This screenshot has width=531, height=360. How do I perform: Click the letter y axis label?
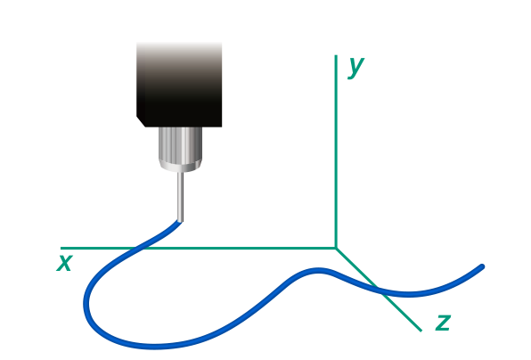[355, 68]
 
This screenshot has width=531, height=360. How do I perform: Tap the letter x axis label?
[65, 263]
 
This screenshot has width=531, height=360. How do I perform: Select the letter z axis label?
[444, 323]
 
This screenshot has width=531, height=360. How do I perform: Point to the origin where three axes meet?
[336, 249]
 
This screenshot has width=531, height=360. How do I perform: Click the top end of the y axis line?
[336, 55]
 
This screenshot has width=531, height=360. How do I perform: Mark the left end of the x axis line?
[61, 249]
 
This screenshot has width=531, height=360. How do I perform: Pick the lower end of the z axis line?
[421, 331]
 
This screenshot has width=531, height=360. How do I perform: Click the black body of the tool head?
[179, 85]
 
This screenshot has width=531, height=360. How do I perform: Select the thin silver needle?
[181, 196]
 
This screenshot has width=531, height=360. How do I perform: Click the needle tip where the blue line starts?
[180, 222]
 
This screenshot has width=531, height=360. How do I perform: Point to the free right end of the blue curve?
[482, 266]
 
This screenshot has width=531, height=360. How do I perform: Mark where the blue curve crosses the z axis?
[380, 290]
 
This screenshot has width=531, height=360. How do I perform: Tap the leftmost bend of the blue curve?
[86, 302]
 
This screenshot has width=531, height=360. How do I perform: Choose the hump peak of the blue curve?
[318, 271]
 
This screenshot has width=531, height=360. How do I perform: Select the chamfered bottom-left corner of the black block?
[141, 122]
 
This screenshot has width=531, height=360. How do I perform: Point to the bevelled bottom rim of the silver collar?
[181, 167]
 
